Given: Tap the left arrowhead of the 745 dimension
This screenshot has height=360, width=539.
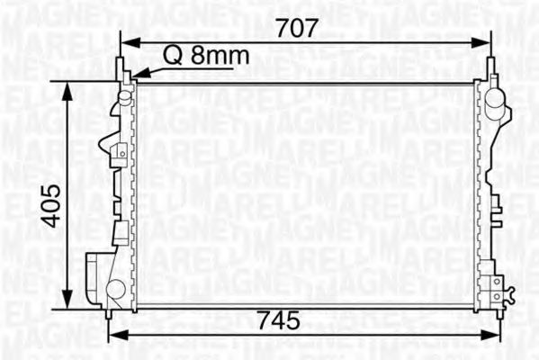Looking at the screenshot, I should click(x=113, y=335).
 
